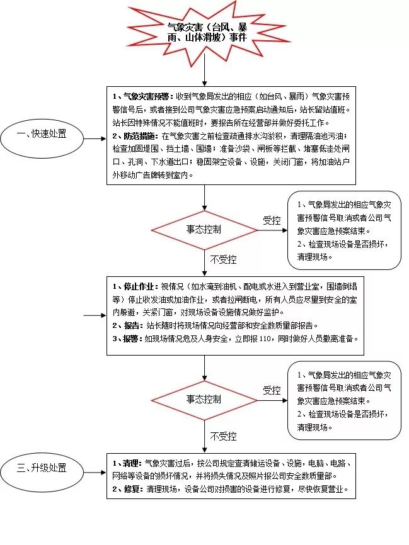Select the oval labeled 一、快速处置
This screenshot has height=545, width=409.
pyautogui.click(x=43, y=135)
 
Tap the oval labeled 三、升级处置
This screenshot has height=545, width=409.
pyautogui.click(x=42, y=468)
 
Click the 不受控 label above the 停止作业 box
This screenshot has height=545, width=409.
pyautogui.click(x=223, y=259)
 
